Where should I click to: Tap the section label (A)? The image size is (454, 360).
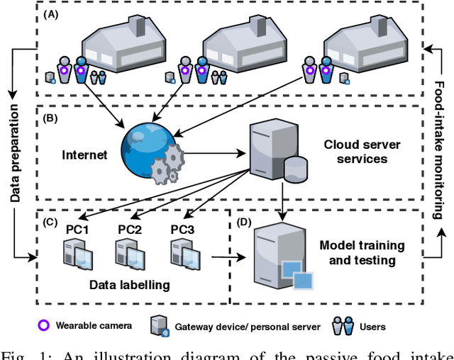(x=52, y=14)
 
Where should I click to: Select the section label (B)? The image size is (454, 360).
(x=52, y=117)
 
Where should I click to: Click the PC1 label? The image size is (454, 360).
(x=77, y=230)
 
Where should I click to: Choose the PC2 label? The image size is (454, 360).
(x=130, y=230)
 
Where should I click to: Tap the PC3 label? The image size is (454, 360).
(x=183, y=230)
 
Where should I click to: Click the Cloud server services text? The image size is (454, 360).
(x=362, y=152)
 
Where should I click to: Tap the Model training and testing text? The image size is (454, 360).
(x=362, y=253)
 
